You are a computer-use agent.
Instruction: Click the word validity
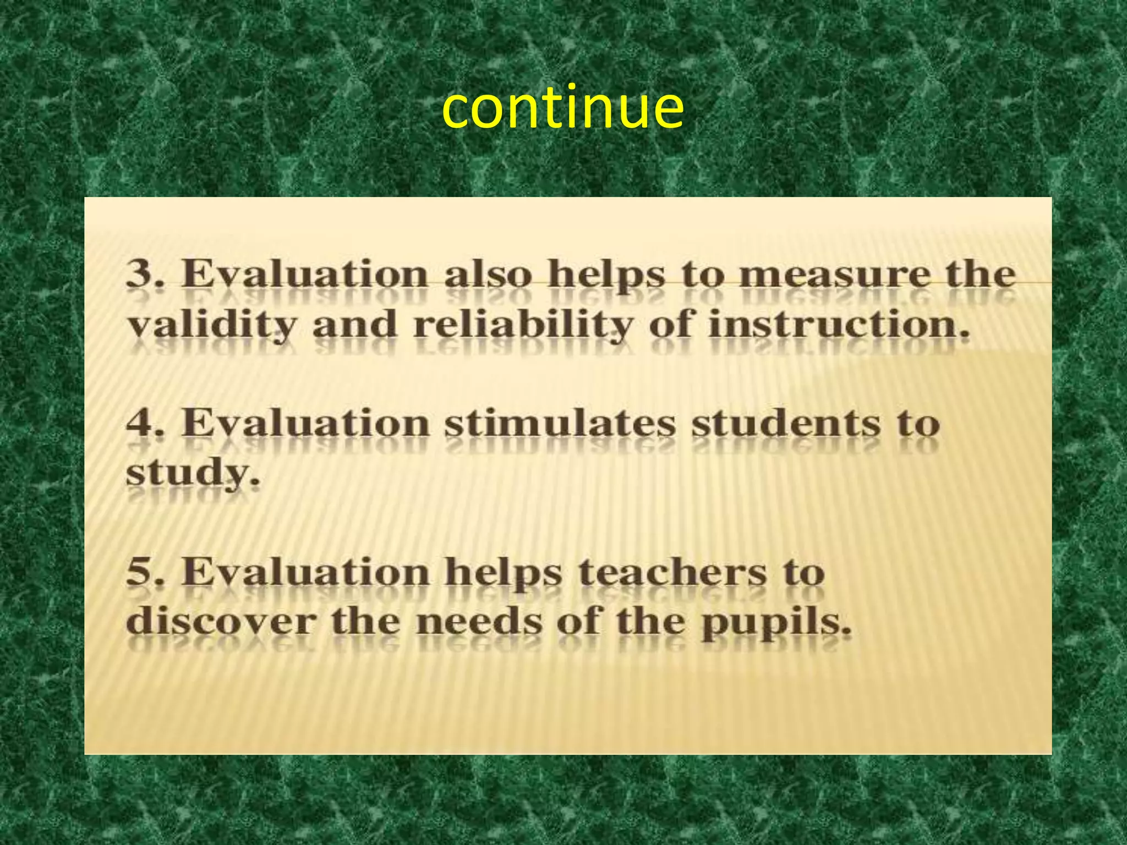point(211,325)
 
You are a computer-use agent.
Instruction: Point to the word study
point(192,474)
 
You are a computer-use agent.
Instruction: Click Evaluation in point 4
point(305,424)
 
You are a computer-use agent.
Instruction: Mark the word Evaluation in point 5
point(305,572)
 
